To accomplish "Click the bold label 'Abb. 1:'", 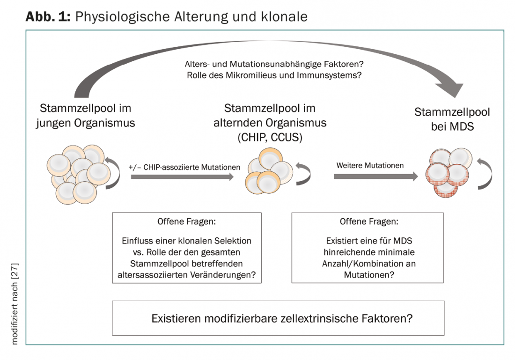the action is point(48,16).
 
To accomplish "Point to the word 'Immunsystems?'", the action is point(329,75).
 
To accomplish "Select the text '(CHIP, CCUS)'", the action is point(270,137).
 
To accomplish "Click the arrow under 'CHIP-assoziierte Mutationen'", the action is point(182,176).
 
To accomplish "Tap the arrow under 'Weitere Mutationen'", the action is point(376,176).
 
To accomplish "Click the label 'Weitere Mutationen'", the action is point(370,165).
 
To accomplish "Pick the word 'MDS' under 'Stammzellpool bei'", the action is point(462,126).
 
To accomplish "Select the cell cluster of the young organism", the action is point(79,174).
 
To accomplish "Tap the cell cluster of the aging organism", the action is point(269,171).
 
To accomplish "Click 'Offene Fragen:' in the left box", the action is point(186,222).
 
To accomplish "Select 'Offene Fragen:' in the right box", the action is point(369,222).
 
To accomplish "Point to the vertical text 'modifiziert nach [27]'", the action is point(15,304).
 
